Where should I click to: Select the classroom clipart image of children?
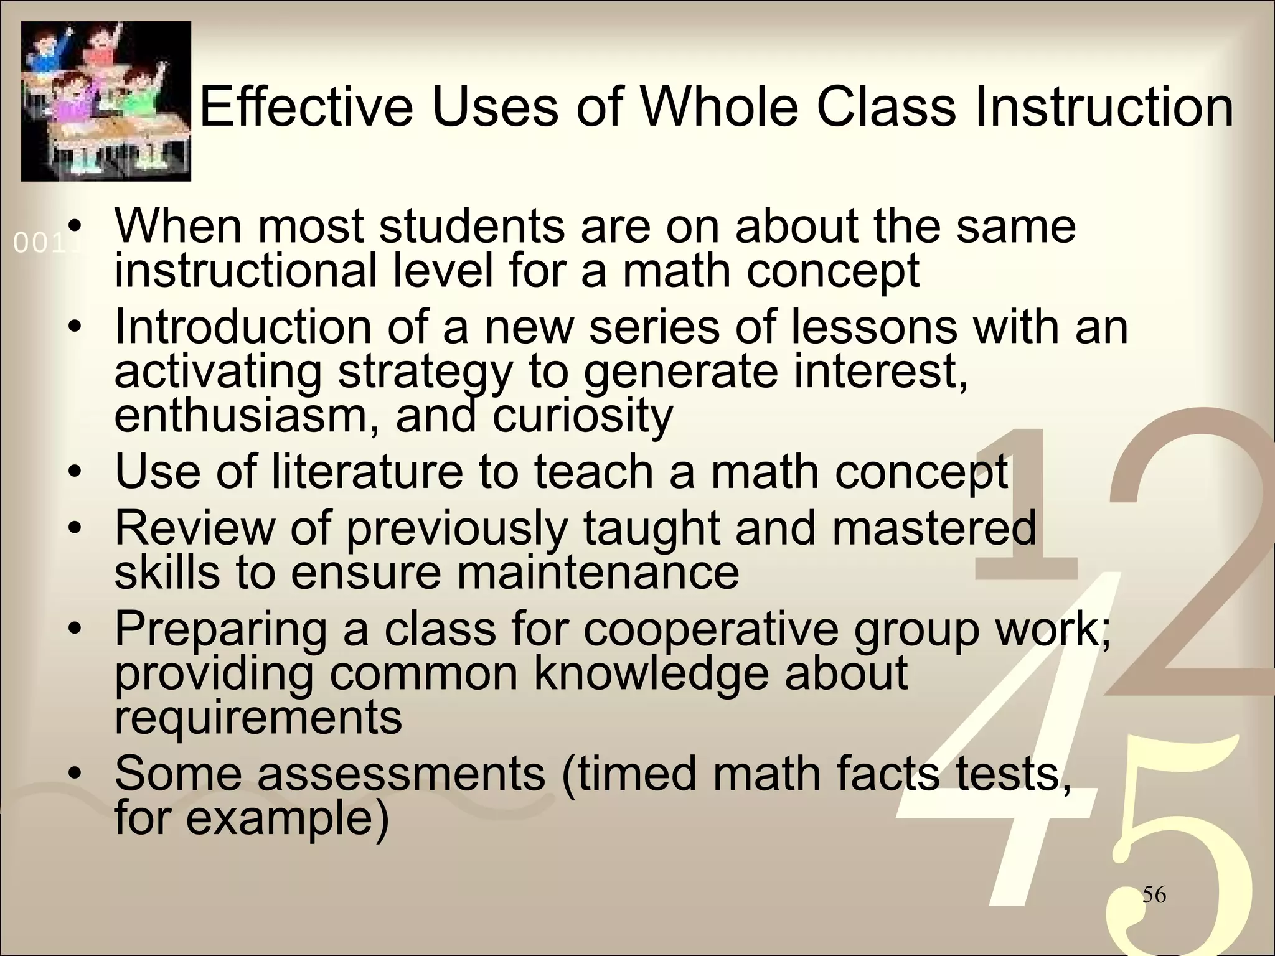106,101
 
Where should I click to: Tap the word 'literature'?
368,471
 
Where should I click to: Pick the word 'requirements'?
258,717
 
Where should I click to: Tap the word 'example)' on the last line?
288,818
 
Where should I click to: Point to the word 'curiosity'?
583,415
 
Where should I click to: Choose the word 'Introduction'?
243,327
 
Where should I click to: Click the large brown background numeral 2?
1183,560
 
